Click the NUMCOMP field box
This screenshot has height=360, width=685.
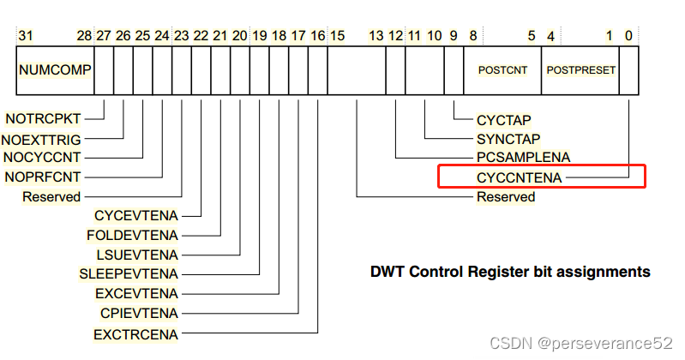[x=55, y=69]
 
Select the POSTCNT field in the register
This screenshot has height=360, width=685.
[x=502, y=69]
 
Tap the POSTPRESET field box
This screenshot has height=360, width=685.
[x=580, y=69]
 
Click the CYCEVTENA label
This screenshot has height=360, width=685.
[x=136, y=215]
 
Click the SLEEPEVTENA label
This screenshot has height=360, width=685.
[x=129, y=274]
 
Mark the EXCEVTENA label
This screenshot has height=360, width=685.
[x=135, y=293]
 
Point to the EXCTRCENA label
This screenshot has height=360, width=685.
[x=136, y=333]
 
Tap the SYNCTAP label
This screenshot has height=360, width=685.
[x=508, y=138]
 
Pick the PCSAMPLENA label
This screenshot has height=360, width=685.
[x=524, y=158]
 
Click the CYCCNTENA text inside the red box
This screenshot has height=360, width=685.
[x=520, y=177]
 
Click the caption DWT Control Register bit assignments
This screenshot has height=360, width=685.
[x=509, y=273]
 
